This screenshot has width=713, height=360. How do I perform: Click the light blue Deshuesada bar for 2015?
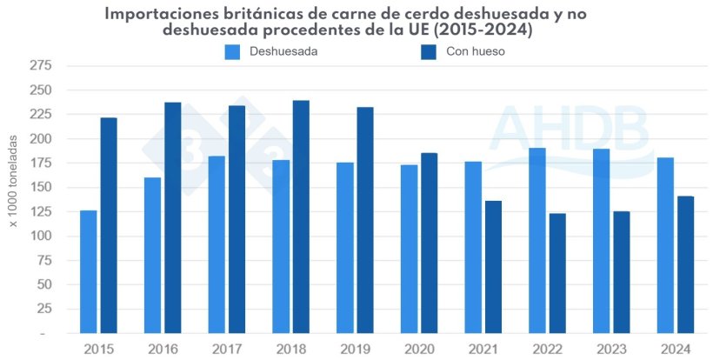pos(89,271)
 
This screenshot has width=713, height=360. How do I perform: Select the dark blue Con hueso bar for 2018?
pos(301,217)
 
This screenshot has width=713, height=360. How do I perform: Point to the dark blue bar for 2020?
pos(429,243)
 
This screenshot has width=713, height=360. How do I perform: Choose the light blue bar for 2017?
pos(217,244)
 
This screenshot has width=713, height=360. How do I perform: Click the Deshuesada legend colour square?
pos(233,51)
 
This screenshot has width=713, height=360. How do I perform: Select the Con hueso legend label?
pos(475,51)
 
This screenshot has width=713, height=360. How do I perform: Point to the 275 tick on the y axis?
pos(40,66)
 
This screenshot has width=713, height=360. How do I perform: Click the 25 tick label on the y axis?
pos(43,309)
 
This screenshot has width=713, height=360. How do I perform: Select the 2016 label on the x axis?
pos(163,349)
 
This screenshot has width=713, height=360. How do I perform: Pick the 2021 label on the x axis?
pos(483,349)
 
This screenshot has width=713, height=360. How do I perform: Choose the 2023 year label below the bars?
pos(611,349)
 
